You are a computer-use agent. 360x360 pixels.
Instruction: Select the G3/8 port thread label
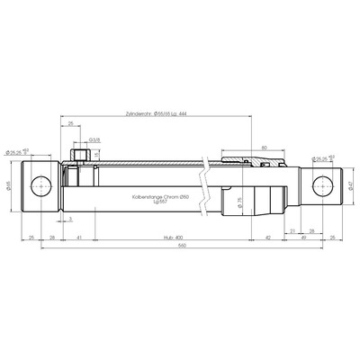point(94,140)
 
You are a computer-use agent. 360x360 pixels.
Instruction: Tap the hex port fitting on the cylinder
point(78,158)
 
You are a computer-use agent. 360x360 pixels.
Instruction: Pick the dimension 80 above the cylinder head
point(264,146)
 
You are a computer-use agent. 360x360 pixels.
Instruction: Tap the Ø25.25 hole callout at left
point(18,152)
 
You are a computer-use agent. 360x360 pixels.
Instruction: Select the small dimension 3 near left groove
point(71,217)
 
